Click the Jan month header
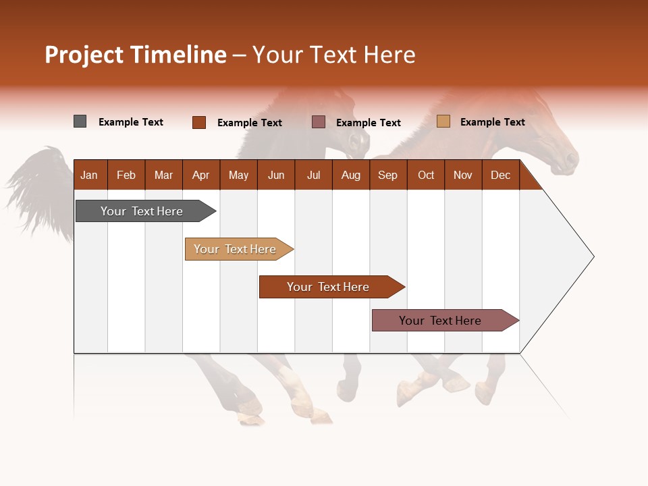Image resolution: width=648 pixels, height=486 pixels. point(89,175)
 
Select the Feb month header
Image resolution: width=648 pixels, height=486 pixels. point(126,175)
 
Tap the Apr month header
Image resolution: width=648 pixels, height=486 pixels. point(200,175)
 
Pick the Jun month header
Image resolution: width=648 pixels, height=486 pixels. point(276,175)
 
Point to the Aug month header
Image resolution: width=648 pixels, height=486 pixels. point(350,175)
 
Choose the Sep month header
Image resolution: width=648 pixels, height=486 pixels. point(387,175)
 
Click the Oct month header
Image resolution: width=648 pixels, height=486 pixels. point(426,175)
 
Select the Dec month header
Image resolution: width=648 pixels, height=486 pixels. point(500,175)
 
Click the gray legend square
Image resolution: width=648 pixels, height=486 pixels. point(80,122)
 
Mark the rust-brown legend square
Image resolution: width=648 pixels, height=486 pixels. point(199,122)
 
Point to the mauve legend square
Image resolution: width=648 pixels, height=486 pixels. point(319,122)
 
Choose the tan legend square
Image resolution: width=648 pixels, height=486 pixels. point(443,122)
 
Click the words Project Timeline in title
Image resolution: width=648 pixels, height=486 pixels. point(135,55)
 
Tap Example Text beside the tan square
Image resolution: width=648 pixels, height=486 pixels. point(492,122)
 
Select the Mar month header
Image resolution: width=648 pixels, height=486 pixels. point(163,175)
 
